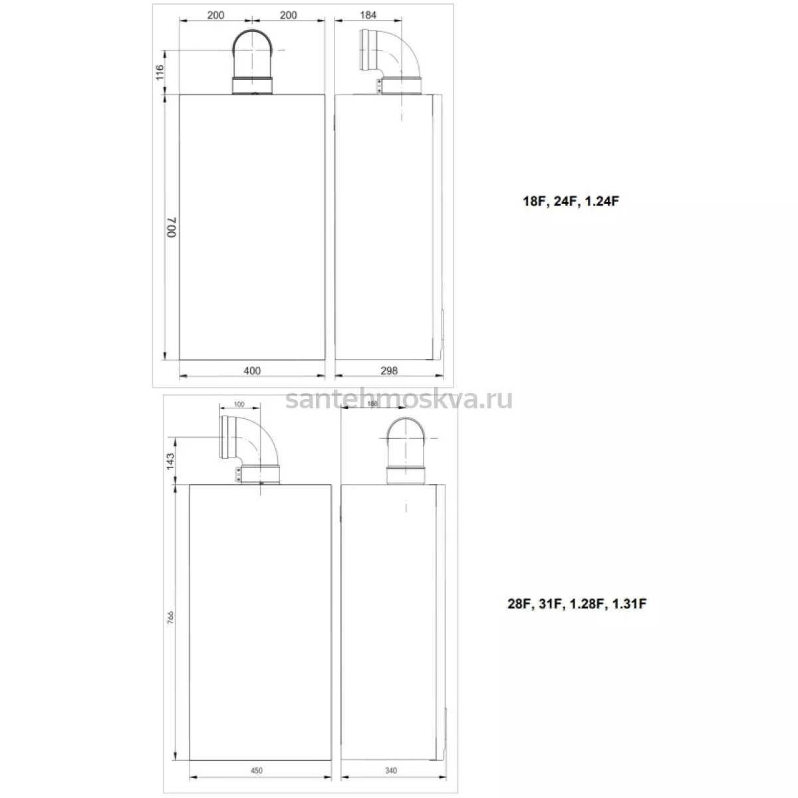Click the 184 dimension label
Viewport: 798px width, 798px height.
368,15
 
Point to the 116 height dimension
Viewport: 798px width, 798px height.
160,72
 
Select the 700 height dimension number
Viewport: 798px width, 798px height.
172,227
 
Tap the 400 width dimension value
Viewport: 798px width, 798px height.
252,370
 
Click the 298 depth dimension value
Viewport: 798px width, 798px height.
389,370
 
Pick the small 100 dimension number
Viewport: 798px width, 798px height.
239,404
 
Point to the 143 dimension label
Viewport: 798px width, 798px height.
170,462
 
